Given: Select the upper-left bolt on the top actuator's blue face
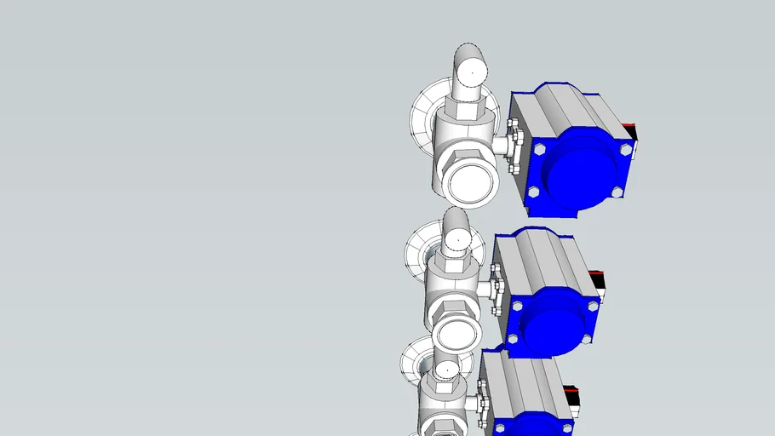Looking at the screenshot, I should point(538,148).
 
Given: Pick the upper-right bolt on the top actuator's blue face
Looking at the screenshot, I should point(626,149).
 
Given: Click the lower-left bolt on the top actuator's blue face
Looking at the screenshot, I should point(534,192).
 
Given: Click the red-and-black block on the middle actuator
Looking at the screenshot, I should point(598,282).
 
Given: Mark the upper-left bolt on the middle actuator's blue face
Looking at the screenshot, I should point(518,304).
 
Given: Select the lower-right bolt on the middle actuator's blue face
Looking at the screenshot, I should point(587,339).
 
